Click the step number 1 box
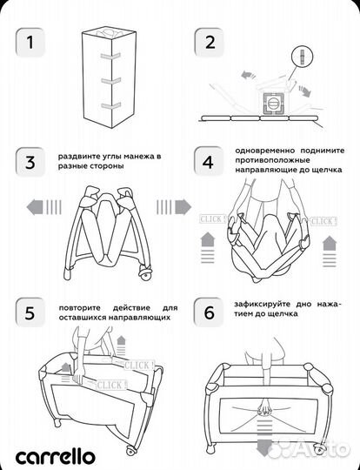tap(30, 43)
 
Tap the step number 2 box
tap(210, 43)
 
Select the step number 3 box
tap(30, 163)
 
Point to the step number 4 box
tap(210, 163)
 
